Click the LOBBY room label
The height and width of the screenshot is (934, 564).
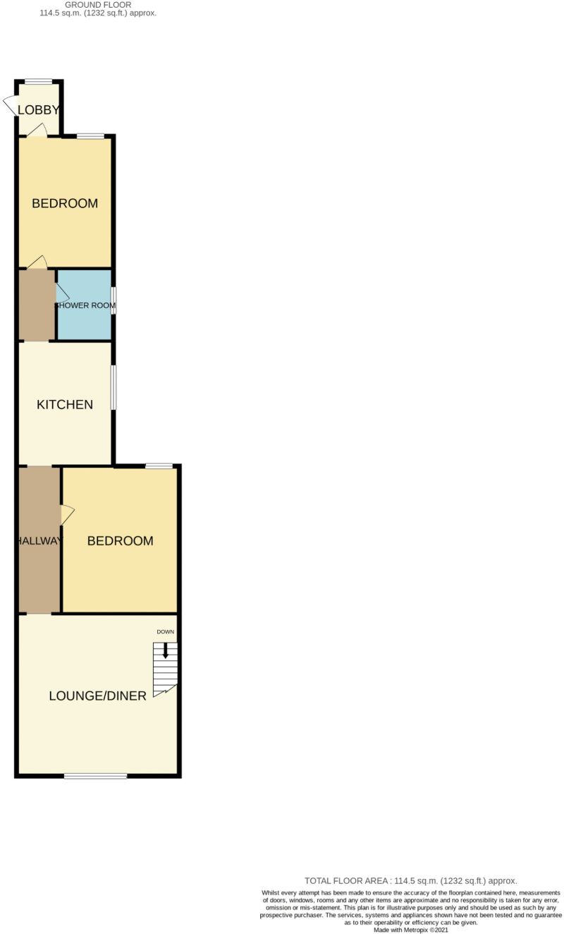[38, 109]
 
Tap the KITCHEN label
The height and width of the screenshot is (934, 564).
[65, 405]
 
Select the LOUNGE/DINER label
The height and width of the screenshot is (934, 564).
[97, 696]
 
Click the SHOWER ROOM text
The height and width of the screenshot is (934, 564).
[85, 305]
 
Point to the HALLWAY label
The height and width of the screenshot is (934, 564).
[39, 541]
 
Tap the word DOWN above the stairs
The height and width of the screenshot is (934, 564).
[165, 632]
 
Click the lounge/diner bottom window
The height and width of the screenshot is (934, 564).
[95, 776]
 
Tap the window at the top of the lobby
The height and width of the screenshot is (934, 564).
[38, 81]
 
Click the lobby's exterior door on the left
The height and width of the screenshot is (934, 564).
[10, 105]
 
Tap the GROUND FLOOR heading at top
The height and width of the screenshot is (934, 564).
[98, 4]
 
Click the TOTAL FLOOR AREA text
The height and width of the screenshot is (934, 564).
[410, 880]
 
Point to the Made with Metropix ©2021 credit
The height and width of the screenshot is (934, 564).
[410, 930]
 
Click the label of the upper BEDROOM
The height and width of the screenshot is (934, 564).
[65, 204]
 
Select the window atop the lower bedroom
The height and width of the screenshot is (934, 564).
[159, 466]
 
